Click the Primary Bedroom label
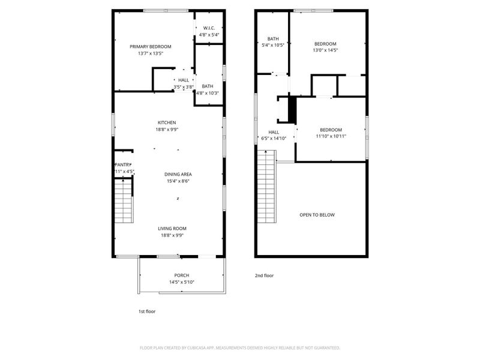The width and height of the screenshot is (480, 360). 151,46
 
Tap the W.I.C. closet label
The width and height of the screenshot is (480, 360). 209,28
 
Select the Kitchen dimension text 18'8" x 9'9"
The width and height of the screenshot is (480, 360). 167,129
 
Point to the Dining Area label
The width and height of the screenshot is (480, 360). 178,174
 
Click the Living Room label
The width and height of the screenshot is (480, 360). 172,228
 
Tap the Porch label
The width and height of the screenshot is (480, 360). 182,275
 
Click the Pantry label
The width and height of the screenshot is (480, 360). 123,164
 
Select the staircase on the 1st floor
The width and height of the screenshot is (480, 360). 123,203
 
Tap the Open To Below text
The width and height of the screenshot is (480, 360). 317,215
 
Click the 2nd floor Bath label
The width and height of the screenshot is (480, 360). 273,38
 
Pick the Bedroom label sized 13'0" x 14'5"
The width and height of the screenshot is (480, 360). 325,43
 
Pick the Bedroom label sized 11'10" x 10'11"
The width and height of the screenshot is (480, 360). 331,130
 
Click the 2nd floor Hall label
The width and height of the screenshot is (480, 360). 274,132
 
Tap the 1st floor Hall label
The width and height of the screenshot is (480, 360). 183,80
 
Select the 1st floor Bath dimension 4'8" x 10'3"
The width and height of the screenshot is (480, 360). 208,93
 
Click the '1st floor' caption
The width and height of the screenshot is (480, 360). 147,311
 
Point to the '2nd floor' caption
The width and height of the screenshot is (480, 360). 264,275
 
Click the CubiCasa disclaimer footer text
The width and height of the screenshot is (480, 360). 240,347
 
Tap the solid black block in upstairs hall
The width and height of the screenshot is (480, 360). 292,109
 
